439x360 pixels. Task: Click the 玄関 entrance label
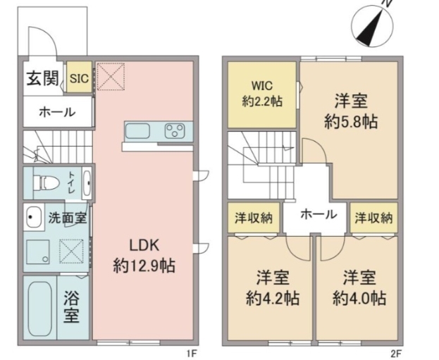tap(43, 78)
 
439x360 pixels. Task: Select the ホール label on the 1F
tap(53, 111)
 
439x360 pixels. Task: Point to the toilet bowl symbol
tap(46, 182)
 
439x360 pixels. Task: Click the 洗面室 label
tap(67, 218)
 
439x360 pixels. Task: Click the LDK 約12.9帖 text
tap(144, 255)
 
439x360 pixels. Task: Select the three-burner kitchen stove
tap(174, 130)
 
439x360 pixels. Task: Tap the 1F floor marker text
tap(190, 353)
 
